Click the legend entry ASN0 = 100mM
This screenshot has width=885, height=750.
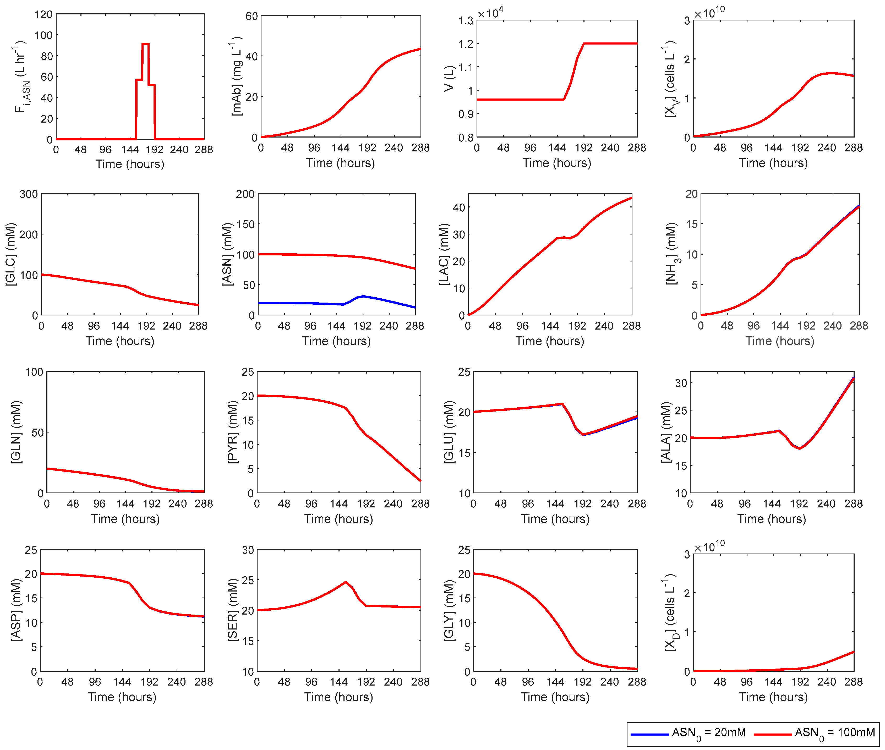(x=834, y=732)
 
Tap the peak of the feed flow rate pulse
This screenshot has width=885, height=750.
(x=145, y=44)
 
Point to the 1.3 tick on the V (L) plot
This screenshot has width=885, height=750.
(x=466, y=20)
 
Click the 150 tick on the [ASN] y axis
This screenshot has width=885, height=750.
(x=245, y=224)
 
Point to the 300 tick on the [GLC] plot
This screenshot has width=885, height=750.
(x=29, y=194)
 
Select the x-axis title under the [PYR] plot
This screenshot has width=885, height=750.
(x=338, y=519)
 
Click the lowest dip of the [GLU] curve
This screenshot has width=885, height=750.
(x=583, y=435)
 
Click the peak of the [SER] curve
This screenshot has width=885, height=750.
(x=346, y=582)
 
